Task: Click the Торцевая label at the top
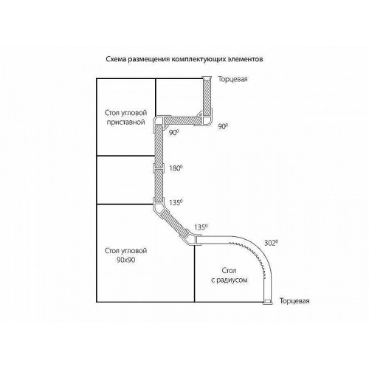pos(232,79)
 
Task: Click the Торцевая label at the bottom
pos(294,301)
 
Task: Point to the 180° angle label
pos(176,168)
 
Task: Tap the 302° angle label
pos(271,243)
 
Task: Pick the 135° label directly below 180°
pos(176,203)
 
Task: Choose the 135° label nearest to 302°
pos(201,227)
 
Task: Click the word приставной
pos(125,123)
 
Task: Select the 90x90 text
pos(126,260)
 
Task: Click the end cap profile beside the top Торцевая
pos(207,77)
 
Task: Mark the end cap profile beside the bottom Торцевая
pos(267,303)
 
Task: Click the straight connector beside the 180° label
pos(159,168)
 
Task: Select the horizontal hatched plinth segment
pos(183,120)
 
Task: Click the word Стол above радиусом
pos(230,271)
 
